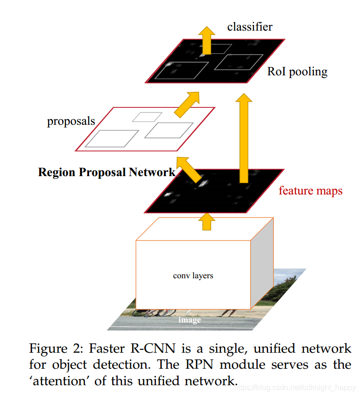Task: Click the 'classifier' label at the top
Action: coord(249,26)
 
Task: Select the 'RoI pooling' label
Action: coord(297,72)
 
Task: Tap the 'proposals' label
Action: coord(71,121)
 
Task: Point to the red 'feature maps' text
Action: coord(310,191)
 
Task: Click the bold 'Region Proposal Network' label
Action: coord(106,172)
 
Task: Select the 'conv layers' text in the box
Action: coord(193,275)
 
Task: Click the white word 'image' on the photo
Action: coord(189,320)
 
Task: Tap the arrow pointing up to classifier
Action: coord(206,40)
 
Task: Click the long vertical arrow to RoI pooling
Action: coord(243,137)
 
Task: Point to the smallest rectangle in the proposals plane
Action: coord(147,117)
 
